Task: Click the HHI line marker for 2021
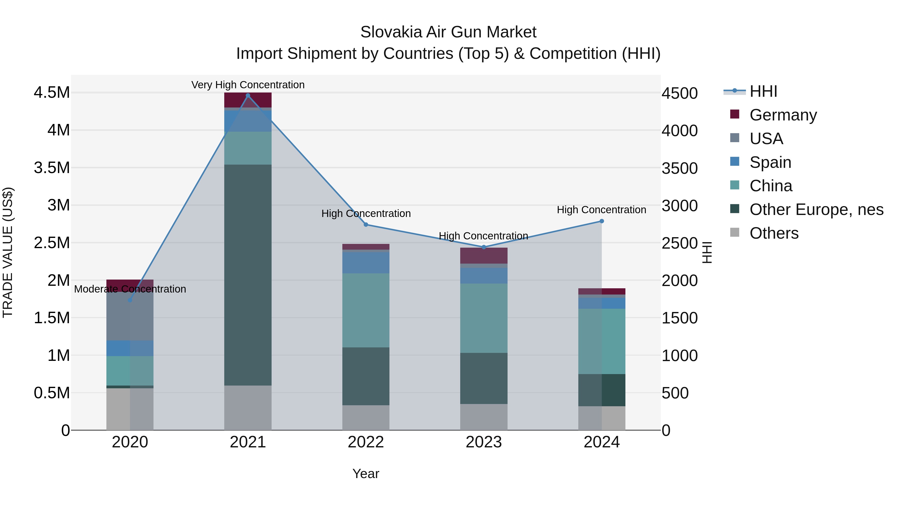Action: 248,96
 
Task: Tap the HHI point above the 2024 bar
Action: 601,221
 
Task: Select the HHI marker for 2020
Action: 130,300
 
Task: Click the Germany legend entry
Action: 783,115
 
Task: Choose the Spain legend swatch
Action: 735,162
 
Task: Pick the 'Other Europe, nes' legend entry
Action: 816,209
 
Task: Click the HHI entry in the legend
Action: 763,91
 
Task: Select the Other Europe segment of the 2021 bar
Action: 248,275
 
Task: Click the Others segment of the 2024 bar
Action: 601,418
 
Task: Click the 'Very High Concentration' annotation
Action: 248,85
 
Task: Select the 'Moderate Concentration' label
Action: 130,289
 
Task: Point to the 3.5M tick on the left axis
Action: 52,168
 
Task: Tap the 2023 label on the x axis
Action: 484,442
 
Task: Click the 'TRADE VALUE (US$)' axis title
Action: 8,252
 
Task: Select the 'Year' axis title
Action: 366,474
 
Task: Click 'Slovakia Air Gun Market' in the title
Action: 448,32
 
